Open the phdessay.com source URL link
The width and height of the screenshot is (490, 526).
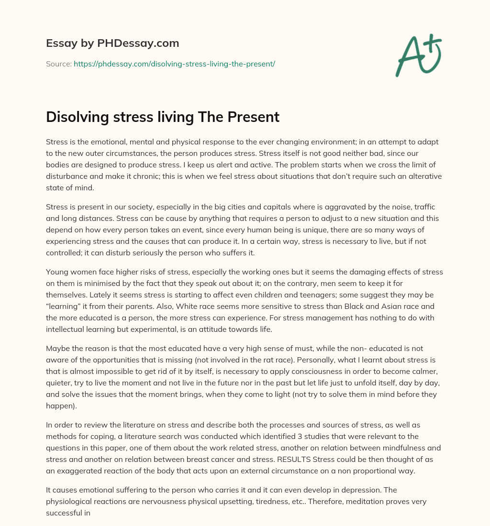174,63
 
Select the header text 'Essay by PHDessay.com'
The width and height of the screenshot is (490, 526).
112,44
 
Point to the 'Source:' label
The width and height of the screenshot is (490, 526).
58,63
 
